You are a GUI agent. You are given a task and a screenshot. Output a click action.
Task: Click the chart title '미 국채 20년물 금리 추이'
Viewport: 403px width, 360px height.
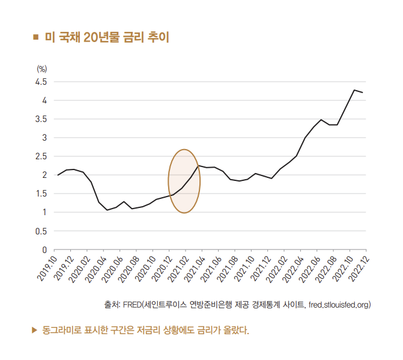[x=107, y=38]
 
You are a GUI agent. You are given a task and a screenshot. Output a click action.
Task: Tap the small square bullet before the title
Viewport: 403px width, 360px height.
[x=35, y=38]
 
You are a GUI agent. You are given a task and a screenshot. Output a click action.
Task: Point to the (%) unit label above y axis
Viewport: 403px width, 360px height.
[x=41, y=69]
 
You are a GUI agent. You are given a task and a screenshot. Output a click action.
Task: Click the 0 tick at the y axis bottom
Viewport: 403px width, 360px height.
[x=44, y=249]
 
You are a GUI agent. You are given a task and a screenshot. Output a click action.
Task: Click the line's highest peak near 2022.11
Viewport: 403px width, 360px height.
[x=354, y=90]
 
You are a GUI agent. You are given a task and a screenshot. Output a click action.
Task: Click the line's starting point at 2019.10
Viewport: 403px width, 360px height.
[x=58, y=175]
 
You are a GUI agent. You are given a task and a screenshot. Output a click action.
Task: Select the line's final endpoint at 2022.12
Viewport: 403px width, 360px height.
[x=363, y=93]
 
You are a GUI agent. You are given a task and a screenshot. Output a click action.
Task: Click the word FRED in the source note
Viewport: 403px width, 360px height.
[x=132, y=305]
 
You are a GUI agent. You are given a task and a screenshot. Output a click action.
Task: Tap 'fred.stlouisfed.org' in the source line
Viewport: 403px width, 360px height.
[x=338, y=305]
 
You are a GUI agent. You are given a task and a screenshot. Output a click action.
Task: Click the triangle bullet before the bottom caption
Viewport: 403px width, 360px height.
[x=34, y=330]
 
